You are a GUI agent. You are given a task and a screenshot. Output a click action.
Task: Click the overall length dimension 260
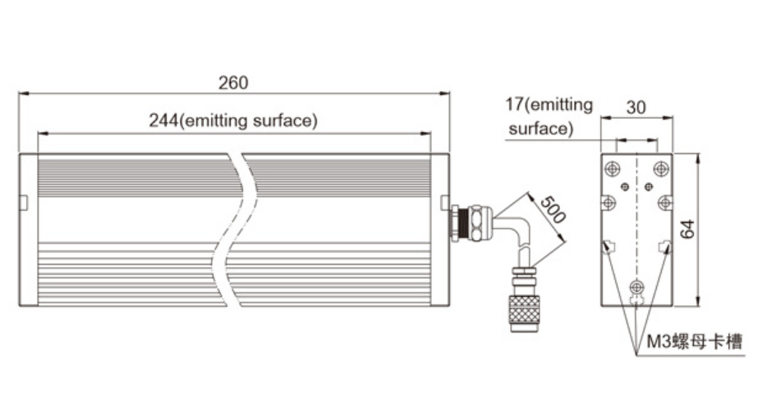pyautogui.click(x=233, y=83)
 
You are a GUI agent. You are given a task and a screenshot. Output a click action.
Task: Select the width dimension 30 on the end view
pyautogui.click(x=636, y=107)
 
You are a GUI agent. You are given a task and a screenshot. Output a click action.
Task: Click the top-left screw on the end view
pyautogui.click(x=613, y=169)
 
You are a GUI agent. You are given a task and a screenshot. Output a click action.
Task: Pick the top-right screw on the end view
pyautogui.click(x=659, y=169)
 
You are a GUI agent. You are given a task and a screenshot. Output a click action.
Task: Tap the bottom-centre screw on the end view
pyautogui.click(x=636, y=287)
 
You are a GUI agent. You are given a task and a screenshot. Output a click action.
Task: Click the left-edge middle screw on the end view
pyautogui.click(x=609, y=202)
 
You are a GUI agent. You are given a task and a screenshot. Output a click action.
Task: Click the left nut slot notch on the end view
pyautogui.click(x=609, y=245)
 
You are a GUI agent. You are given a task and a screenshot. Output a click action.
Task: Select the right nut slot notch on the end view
pyautogui.click(x=664, y=245)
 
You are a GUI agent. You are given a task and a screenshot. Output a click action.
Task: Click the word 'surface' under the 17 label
pyautogui.click(x=539, y=129)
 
